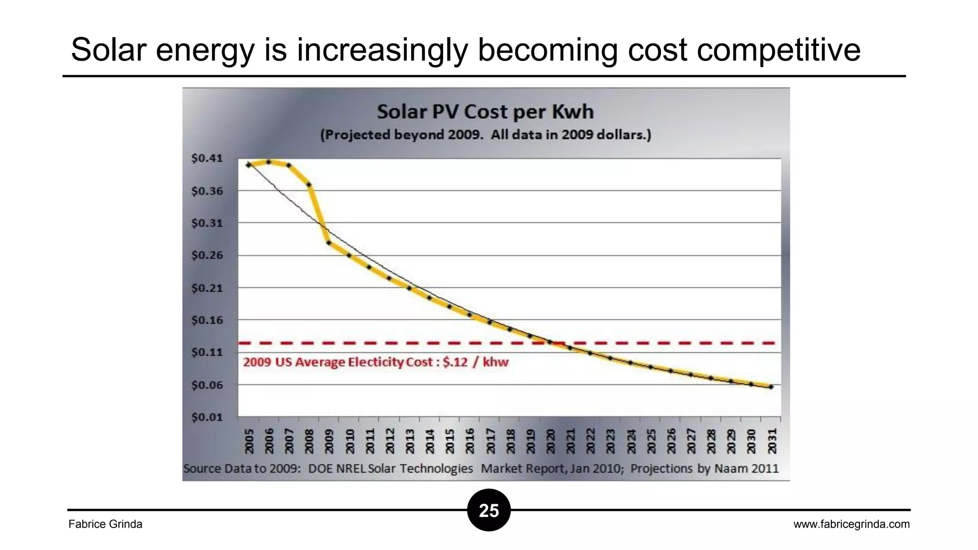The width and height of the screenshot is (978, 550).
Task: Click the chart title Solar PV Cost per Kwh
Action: tap(485, 112)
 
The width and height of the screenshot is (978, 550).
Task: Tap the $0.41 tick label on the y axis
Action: tap(207, 158)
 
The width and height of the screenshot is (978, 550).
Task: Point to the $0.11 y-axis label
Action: tap(207, 352)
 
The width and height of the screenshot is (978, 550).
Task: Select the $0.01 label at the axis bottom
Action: tap(207, 417)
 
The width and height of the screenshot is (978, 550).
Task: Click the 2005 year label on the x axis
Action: tap(249, 441)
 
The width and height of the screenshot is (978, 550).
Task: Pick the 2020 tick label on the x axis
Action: tap(551, 441)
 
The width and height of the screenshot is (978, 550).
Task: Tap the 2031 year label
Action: tap(772, 441)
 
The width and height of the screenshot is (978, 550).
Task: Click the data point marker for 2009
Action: tap(329, 243)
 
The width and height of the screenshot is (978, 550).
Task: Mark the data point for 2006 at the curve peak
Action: tap(269, 162)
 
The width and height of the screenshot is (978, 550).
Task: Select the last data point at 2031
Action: tap(771, 387)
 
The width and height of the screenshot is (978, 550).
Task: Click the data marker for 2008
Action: tap(309, 185)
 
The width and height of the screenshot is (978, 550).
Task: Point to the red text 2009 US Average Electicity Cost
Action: tap(375, 362)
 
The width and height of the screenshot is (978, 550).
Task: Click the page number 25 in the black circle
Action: tap(489, 510)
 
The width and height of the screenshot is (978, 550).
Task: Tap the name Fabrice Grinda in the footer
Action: tap(105, 524)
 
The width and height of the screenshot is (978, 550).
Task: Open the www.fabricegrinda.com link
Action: tap(851, 524)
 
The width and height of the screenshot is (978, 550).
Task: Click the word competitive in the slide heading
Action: tap(778, 50)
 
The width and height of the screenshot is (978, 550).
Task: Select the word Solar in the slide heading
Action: tap(108, 50)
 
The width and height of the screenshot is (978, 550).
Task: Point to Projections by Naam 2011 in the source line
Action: tap(704, 468)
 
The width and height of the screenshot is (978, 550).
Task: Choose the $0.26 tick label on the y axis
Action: tap(207, 255)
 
